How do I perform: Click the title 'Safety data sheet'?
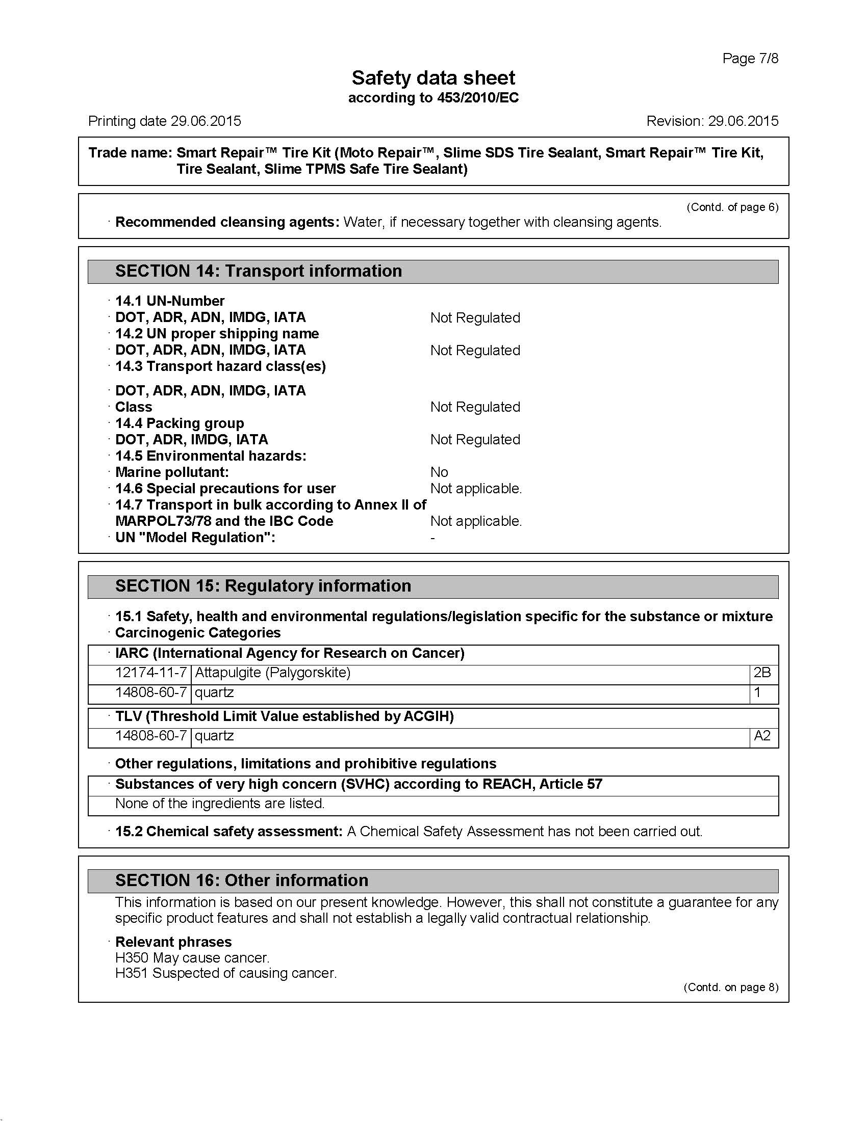coord(433,78)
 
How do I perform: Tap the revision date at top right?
coord(743,121)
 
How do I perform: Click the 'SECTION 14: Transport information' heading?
coord(259,271)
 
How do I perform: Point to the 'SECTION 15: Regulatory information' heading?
coord(263,585)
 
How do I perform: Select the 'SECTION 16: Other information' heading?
coord(241,880)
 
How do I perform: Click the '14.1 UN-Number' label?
coord(169,301)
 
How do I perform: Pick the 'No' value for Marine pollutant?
coord(439,472)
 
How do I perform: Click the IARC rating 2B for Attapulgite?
coord(762,673)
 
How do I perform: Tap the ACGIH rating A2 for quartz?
coord(762,736)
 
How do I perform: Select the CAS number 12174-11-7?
coord(150,673)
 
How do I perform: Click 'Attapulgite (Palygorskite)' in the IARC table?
coord(273,673)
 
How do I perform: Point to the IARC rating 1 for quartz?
coord(757,692)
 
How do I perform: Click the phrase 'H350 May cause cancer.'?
coord(192,958)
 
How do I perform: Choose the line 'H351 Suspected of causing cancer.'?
coord(226,973)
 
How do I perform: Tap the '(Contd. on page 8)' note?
coord(730,987)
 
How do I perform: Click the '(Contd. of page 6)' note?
coord(732,207)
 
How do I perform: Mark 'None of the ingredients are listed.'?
coord(220,803)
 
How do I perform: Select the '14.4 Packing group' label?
coord(179,423)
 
